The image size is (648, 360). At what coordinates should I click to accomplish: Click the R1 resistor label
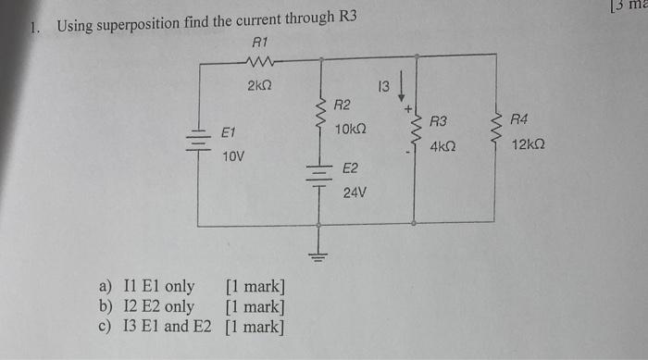point(258,43)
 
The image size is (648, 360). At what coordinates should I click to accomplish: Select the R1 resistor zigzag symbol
point(258,62)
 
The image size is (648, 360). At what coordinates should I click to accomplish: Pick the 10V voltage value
point(233,156)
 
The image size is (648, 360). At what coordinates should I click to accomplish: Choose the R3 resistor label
point(439,121)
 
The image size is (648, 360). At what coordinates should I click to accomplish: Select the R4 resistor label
point(520,120)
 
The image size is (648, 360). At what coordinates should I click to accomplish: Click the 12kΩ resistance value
point(528,145)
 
